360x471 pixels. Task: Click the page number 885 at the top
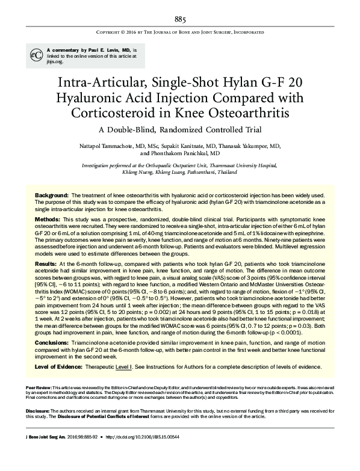pos(180,19)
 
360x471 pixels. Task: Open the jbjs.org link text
pos(55,61)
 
